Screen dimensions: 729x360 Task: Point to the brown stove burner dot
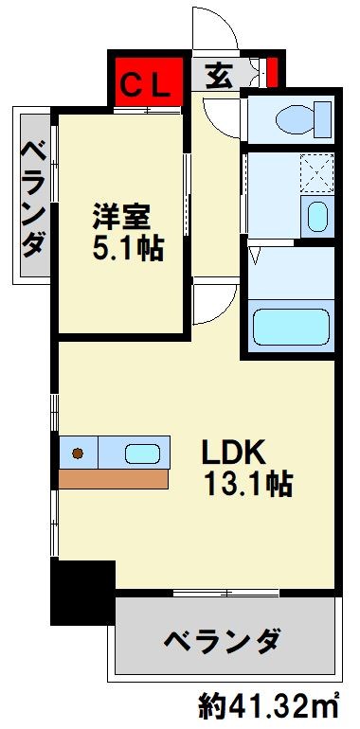(x=78, y=453)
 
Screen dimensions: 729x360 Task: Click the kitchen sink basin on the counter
(x=143, y=453)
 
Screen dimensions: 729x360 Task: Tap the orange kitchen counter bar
(x=114, y=479)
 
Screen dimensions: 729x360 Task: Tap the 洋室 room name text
(x=120, y=214)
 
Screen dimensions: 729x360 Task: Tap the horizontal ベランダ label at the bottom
(x=222, y=641)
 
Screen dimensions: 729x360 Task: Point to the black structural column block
(x=81, y=592)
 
